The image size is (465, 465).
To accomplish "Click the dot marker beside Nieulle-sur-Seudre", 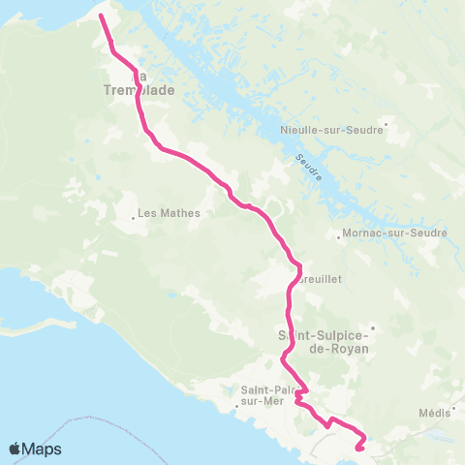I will click(387, 123).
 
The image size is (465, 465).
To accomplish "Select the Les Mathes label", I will click(170, 213).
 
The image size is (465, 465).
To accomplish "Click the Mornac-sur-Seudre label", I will click(394, 232).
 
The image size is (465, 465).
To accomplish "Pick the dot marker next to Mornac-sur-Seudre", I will click(335, 233).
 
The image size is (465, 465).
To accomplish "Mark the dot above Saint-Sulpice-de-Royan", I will click(371, 326).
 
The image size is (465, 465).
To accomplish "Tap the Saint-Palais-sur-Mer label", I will click(261, 395).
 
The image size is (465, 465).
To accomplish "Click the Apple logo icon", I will click(15, 449).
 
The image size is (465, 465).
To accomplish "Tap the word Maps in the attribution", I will click(43, 449).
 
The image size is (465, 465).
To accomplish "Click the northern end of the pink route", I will click(101, 15).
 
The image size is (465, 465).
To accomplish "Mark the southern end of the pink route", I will click(359, 448).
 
